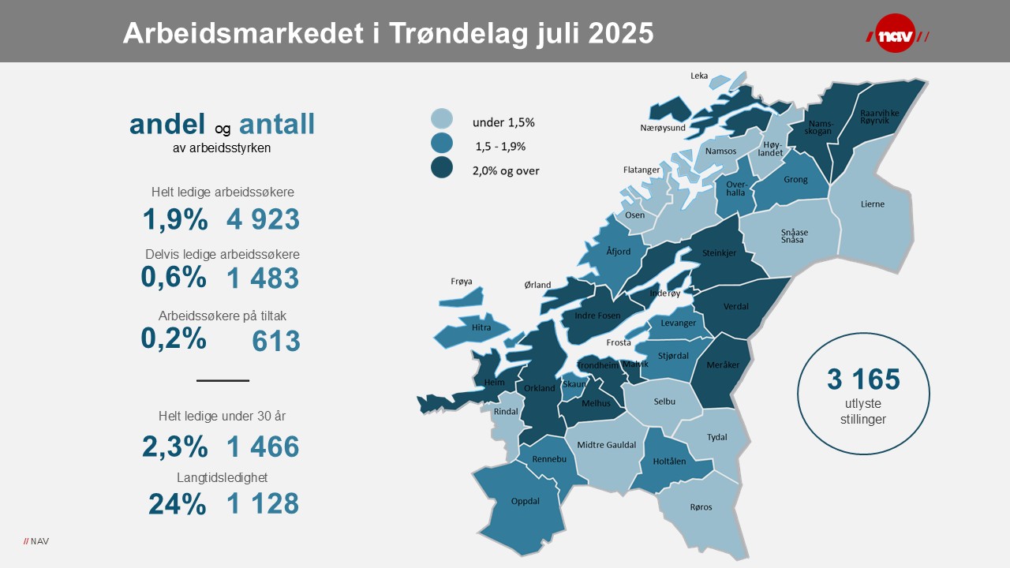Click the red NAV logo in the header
[897, 35]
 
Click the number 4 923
[263, 219]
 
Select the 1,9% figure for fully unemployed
[175, 219]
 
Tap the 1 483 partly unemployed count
[263, 278]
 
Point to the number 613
[276, 341]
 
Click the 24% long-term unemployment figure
[177, 503]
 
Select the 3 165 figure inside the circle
[863, 379]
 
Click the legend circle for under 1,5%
[442, 119]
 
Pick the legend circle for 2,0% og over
[442, 167]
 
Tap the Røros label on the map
[701, 507]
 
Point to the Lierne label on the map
[873, 204]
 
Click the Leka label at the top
[699, 76]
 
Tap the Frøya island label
[461, 281]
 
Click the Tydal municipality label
[716, 437]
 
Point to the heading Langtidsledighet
[223, 477]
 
